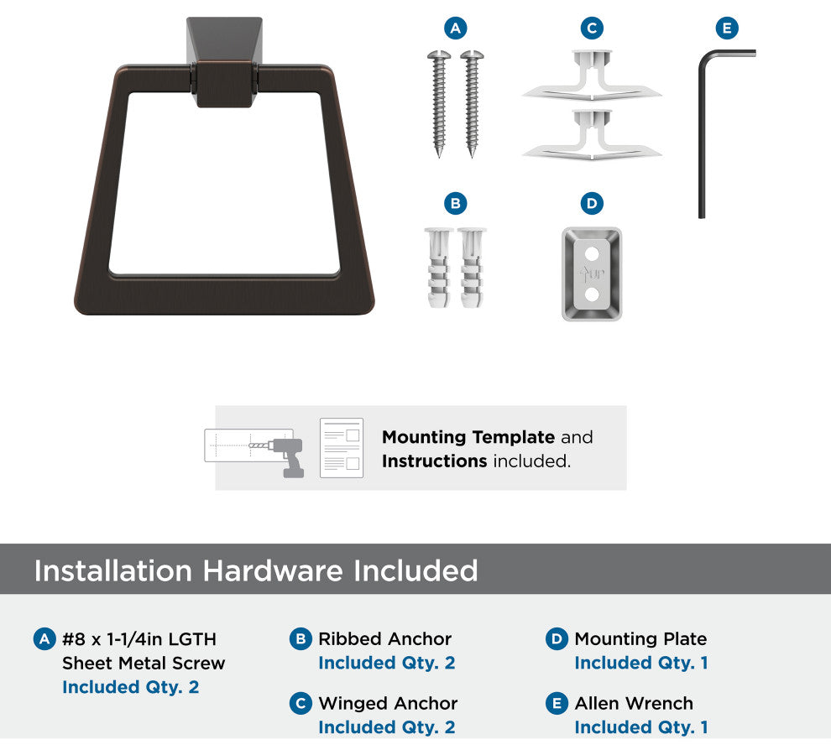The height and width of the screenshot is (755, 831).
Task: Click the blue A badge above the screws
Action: (455, 28)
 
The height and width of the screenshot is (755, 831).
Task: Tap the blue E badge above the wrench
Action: (727, 28)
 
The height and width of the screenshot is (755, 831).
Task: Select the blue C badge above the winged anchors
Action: (592, 28)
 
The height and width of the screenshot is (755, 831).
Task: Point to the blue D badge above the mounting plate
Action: (592, 204)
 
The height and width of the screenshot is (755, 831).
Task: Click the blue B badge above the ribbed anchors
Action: (455, 204)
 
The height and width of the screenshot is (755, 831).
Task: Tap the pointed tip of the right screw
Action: (472, 155)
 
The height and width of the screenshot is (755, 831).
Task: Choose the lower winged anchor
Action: (592, 135)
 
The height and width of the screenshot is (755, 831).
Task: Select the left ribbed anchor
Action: (439, 268)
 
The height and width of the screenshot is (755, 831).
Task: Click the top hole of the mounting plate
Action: (592, 254)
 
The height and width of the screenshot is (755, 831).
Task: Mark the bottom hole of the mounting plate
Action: (592, 294)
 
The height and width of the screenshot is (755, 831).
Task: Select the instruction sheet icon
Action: (342, 448)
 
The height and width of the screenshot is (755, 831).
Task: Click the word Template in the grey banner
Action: (513, 438)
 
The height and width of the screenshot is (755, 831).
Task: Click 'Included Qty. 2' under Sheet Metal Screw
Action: (130, 687)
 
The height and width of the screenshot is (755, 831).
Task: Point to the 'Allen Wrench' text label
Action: (634, 703)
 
